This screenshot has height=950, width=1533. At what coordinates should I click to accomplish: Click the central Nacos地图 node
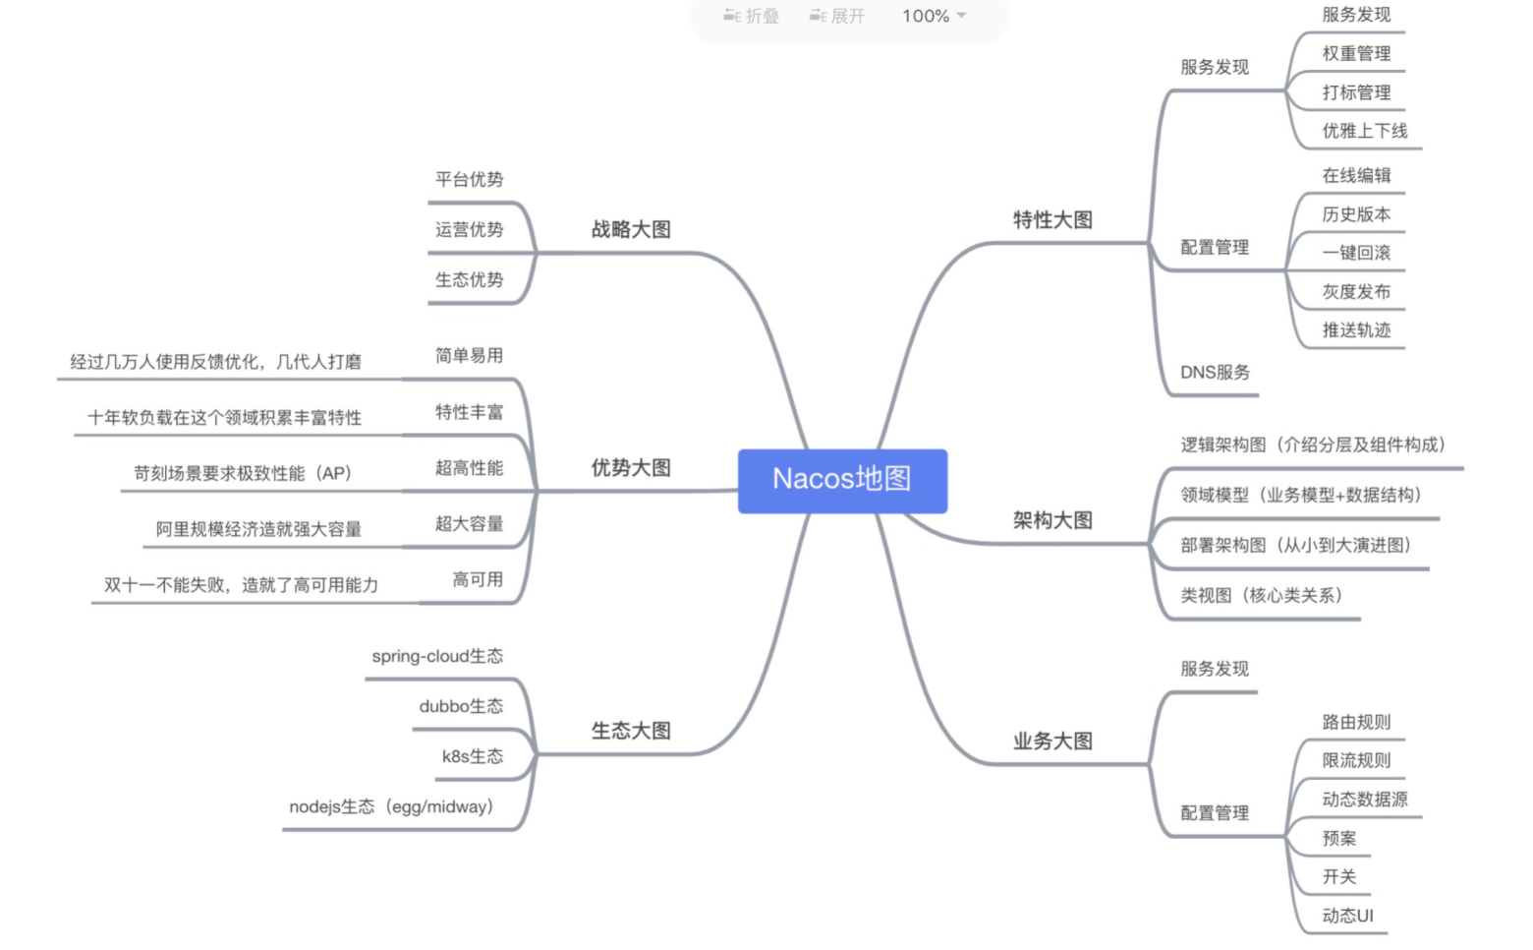tap(842, 480)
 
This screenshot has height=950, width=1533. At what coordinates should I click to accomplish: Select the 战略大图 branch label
tap(631, 229)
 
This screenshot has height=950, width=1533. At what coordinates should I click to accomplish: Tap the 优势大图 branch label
tap(631, 468)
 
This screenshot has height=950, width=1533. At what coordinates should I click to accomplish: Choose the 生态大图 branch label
tap(631, 731)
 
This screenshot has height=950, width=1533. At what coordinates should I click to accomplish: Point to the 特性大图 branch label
tap(1052, 219)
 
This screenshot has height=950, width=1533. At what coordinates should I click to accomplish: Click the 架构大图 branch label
tap(1052, 520)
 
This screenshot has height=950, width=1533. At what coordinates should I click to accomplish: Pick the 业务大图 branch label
tap(1052, 742)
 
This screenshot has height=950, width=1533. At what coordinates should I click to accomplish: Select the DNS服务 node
tap(1215, 373)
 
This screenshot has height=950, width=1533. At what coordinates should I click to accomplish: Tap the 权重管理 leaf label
tap(1356, 54)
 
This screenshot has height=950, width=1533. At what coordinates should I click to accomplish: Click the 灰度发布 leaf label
tap(1356, 292)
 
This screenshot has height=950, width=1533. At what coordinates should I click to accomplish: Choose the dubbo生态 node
tap(461, 706)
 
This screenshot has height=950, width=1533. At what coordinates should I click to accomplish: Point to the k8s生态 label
tap(473, 756)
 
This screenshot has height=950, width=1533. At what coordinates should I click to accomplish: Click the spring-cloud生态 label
tap(437, 656)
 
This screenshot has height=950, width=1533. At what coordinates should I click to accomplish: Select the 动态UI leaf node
tap(1347, 916)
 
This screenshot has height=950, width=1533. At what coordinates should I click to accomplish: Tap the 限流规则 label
tap(1356, 760)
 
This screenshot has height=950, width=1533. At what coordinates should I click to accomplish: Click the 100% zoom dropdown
tap(935, 16)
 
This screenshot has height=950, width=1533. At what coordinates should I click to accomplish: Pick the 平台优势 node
tap(469, 179)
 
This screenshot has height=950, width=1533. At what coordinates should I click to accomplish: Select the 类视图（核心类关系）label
tap(1261, 595)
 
